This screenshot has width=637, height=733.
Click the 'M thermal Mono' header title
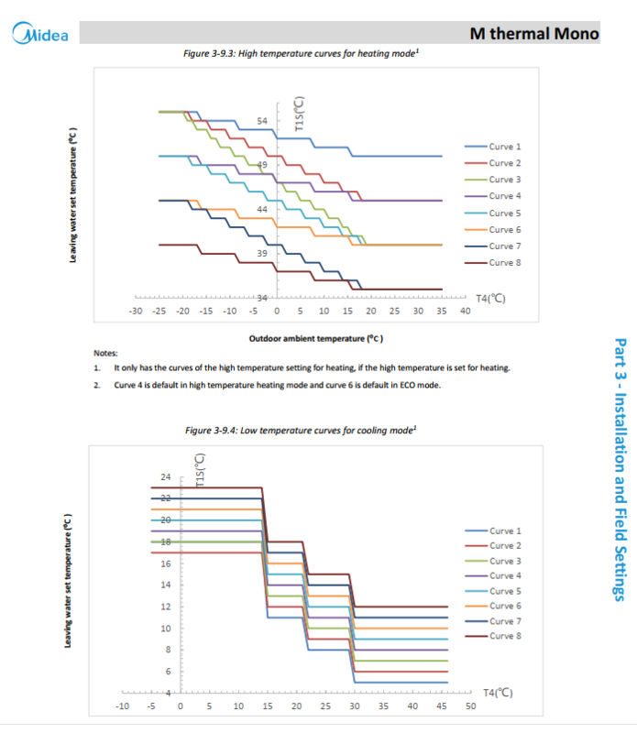point(534,34)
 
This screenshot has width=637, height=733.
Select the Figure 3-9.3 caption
point(302,53)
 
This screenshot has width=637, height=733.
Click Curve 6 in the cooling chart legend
point(505,606)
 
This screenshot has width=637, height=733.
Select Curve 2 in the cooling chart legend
point(505,546)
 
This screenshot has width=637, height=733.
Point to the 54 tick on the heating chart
point(262,121)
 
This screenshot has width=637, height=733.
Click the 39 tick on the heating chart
point(262,253)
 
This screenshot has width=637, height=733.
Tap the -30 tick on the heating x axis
point(136,312)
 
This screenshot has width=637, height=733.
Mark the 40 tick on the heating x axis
point(465,312)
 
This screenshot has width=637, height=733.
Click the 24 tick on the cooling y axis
point(166,477)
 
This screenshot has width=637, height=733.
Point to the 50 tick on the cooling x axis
point(470,706)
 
